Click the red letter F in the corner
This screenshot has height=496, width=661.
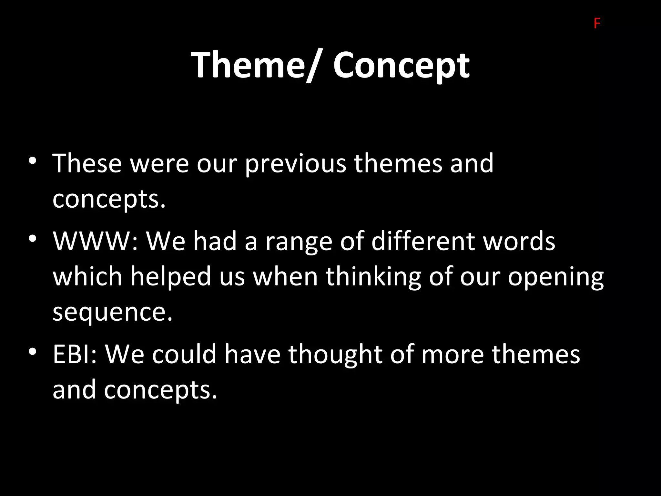(597, 24)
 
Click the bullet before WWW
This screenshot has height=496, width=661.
(32, 239)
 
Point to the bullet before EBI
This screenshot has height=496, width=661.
(32, 352)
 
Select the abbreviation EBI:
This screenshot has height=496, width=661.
(75, 354)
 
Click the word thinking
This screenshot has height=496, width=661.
(373, 277)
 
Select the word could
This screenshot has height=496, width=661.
(184, 354)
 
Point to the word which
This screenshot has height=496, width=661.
(87, 276)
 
